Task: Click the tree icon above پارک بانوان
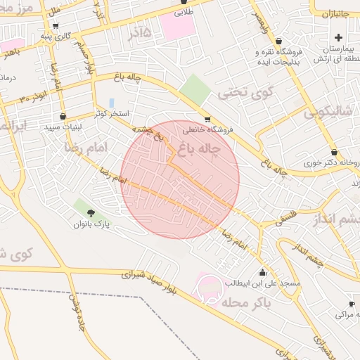pos(90,212)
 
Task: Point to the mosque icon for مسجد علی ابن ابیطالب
pos(263,272)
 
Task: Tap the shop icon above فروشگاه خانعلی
pos(207,120)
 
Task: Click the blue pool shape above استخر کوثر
pos(111,103)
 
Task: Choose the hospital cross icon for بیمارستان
pos(338,37)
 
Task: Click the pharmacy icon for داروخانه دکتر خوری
pos(334,152)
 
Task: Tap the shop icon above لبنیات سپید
pos(63,117)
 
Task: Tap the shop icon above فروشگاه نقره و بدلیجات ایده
pos(279,41)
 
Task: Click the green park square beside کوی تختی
pos(193,89)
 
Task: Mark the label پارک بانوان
pos(92,224)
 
